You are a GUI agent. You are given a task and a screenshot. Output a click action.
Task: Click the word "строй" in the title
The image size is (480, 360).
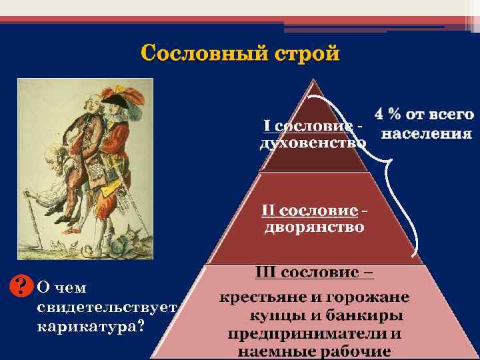[x=303, y=53]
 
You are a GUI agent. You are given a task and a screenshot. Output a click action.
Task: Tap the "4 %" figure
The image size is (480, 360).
[x=392, y=115]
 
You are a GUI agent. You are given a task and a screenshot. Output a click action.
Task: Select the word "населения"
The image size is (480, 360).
[x=426, y=133]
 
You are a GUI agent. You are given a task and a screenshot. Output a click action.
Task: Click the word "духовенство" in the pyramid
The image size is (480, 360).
[x=312, y=143]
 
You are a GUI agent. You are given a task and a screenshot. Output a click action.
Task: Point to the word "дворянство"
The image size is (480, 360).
[x=315, y=228]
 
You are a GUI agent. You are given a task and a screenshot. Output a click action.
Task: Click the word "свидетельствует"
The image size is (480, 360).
[x=107, y=307]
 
